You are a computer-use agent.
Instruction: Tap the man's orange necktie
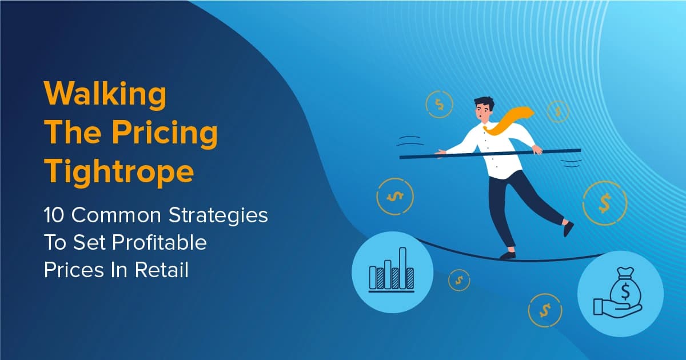point(509,122)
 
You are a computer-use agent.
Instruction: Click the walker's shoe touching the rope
point(508,255)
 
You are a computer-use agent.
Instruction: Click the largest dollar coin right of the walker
point(605,202)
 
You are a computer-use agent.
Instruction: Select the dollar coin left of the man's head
point(439,105)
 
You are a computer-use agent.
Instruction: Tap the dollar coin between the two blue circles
point(458,279)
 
